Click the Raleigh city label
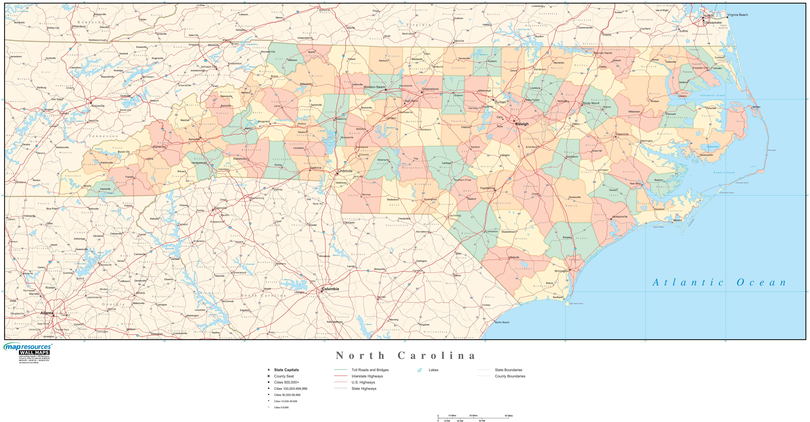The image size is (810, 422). (x=522, y=124)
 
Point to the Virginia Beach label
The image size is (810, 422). (x=737, y=15)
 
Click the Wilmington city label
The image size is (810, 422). (x=561, y=271)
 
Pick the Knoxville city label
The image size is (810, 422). (x=98, y=106)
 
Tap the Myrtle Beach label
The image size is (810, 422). (x=502, y=322)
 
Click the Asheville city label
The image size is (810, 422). (x=194, y=139)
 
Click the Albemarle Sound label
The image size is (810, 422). (x=712, y=95)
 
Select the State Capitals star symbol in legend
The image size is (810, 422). (x=269, y=370)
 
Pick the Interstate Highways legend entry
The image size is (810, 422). (x=367, y=376)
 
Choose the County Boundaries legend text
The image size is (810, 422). (x=510, y=376)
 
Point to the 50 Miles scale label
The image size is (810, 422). (x=509, y=416)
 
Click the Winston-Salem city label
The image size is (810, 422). (x=374, y=87)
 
